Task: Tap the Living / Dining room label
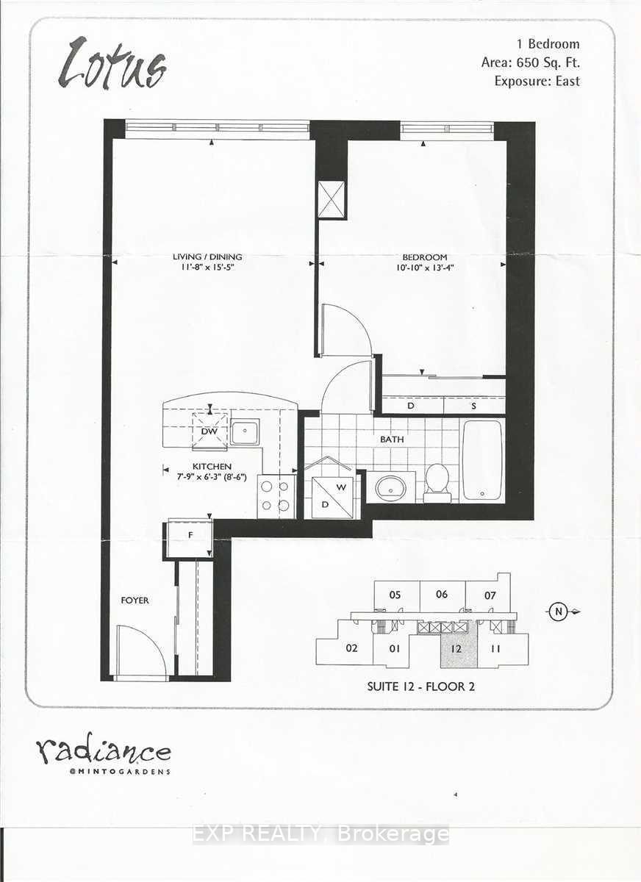coord(207,257)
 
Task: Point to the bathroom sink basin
coord(390,487)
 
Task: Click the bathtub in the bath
coord(482,459)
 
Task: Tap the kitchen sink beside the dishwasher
coord(245,432)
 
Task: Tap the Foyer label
coord(135,600)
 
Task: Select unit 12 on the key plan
coord(456,649)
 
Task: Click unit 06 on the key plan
coord(441,595)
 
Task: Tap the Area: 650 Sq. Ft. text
coord(530,62)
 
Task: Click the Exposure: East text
coord(537,81)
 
